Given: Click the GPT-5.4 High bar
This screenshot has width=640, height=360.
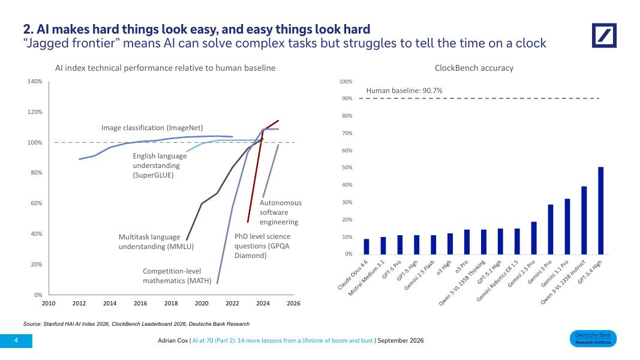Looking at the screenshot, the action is (x=600, y=211).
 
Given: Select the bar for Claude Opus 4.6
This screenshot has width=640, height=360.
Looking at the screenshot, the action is (x=366, y=247).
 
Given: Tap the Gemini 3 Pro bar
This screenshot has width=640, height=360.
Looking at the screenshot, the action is (x=550, y=229).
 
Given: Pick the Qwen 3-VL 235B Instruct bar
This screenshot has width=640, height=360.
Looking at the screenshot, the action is (x=584, y=220).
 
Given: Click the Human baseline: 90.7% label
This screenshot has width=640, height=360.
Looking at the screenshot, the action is (x=404, y=91).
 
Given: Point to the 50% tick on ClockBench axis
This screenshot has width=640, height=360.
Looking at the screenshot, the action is (x=347, y=167).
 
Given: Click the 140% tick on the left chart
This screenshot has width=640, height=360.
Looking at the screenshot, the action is (x=35, y=81).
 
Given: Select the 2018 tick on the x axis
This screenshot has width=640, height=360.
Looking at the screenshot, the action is (x=171, y=303).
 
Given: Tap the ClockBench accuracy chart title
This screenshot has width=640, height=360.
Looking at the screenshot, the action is (x=474, y=68).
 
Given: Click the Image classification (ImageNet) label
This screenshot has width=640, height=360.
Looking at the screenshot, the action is (x=152, y=128).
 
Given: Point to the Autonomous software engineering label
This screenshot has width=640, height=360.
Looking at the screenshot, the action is (x=281, y=212).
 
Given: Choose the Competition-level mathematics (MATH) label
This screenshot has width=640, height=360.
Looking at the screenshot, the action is (x=177, y=276).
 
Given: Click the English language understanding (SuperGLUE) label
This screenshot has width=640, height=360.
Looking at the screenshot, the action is (x=160, y=166).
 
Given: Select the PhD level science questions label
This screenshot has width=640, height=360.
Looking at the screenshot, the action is (x=263, y=246).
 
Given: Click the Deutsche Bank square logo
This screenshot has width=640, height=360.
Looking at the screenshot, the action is (x=604, y=35).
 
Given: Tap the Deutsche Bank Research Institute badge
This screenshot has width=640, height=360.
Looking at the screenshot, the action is (x=593, y=339).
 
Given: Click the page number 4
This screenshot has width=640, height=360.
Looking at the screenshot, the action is (x=16, y=340).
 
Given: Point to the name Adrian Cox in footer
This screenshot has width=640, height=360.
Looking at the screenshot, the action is (x=173, y=340).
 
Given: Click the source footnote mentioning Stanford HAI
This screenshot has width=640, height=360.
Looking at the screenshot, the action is (x=136, y=324).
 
